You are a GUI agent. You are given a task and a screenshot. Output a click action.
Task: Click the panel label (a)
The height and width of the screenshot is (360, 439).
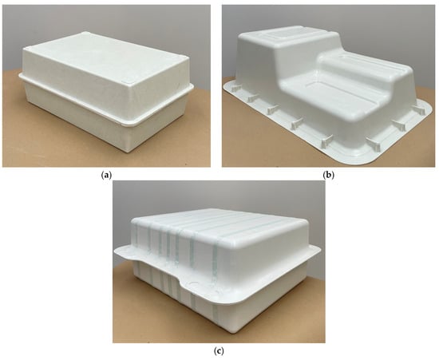pyautogui.click(x=106, y=176)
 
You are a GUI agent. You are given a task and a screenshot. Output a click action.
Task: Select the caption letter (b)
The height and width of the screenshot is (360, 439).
pyautogui.click(x=328, y=176)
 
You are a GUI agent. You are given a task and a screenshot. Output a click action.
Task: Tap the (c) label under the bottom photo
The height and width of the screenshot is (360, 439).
pyautogui.click(x=219, y=351)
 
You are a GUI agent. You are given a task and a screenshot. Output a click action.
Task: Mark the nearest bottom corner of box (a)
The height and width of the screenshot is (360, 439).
pyautogui.click(x=130, y=151)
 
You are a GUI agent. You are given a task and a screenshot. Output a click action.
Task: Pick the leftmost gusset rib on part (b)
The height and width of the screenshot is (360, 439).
pyautogui.click(x=235, y=88)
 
